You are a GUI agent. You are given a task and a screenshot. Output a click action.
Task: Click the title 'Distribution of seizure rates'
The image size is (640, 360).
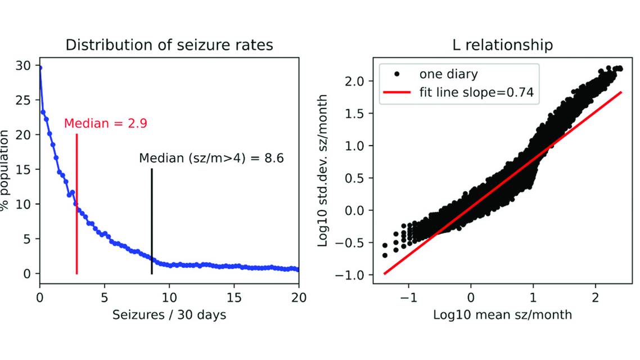pos(169,45)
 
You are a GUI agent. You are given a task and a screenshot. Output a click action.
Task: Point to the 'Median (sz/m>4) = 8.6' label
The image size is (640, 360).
pos(211,159)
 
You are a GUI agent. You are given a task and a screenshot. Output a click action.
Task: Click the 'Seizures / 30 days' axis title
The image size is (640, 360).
pos(169,315)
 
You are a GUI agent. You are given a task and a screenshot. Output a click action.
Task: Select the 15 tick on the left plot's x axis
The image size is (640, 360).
pos(234,297)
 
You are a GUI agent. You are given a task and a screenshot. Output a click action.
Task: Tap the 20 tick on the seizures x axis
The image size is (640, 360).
pos(299,297)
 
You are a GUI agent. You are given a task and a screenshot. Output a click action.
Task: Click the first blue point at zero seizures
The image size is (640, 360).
pos(40,68)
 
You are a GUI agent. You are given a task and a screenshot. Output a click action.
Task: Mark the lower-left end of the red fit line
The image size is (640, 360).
pos(385,273)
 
